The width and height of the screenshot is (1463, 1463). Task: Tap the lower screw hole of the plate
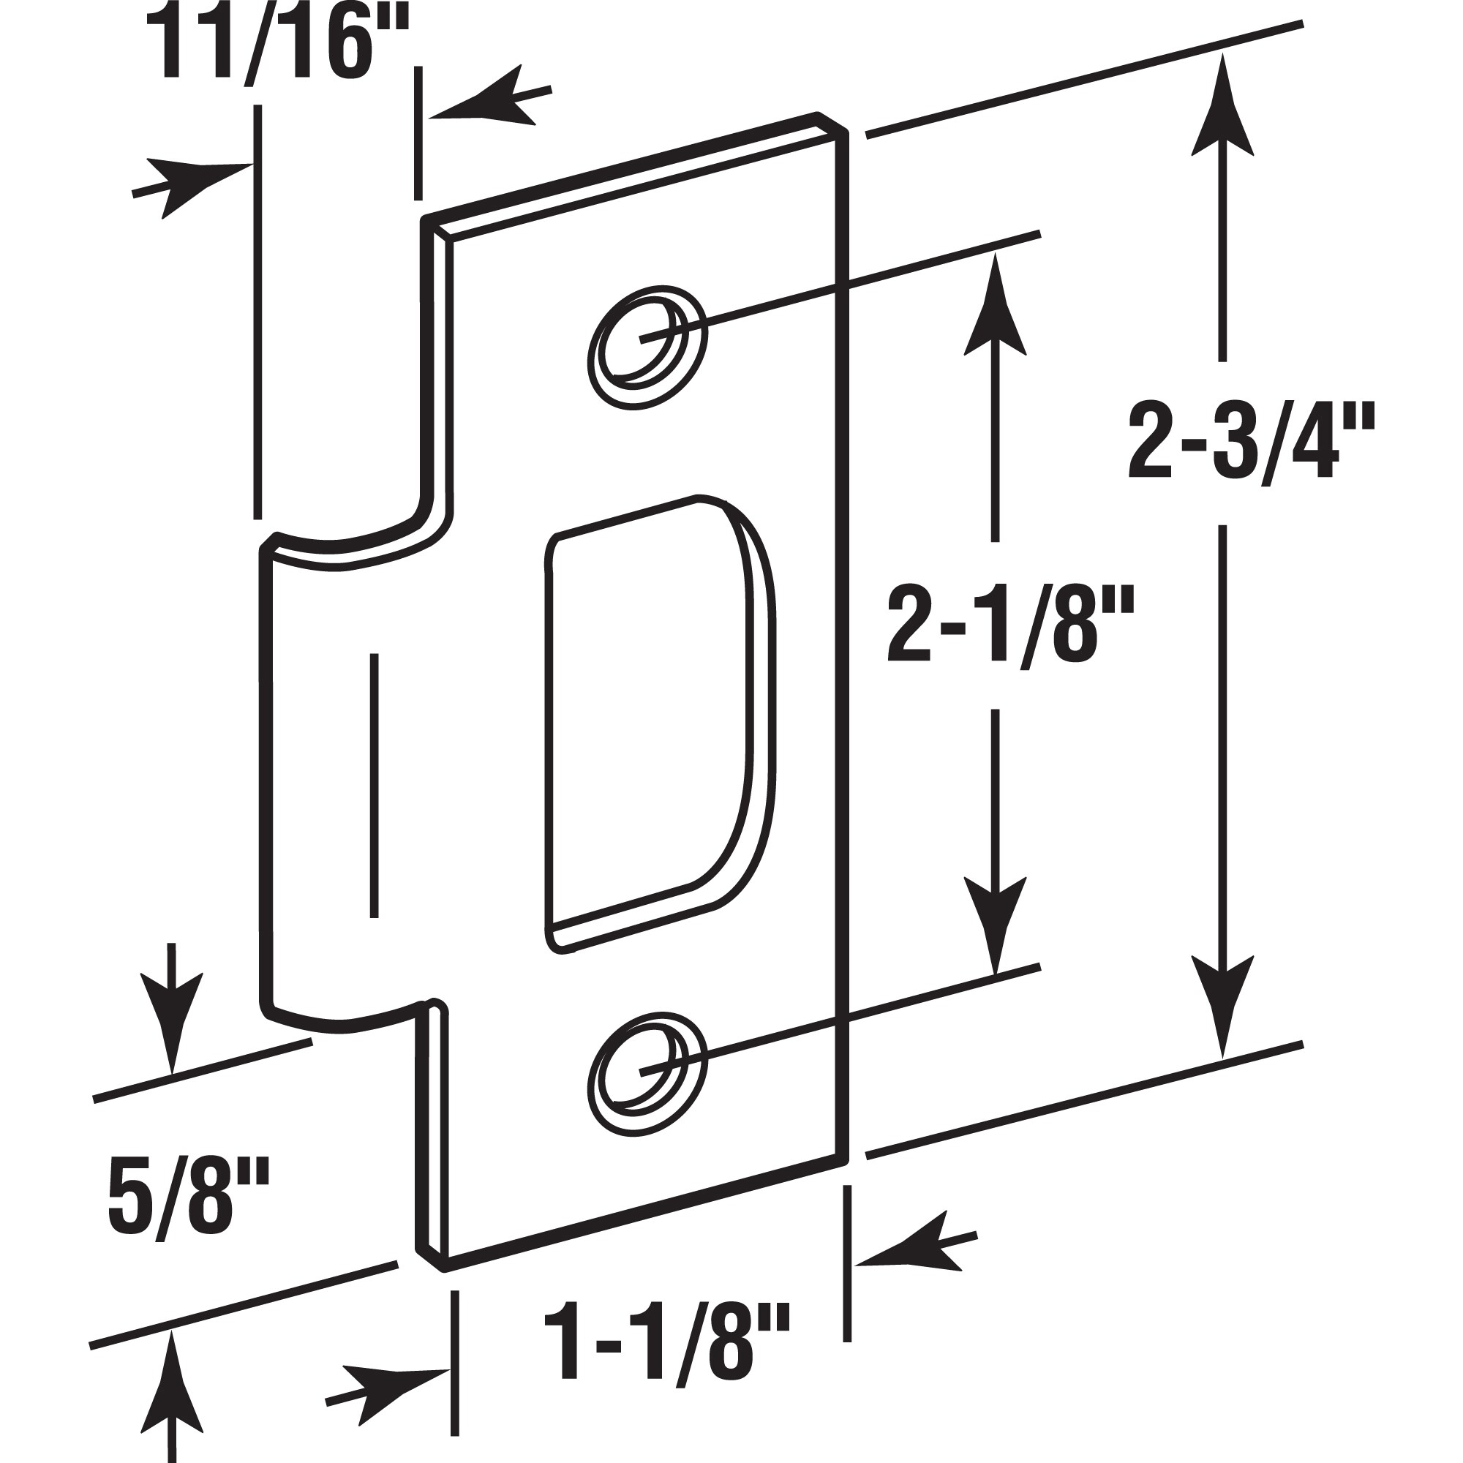point(647,1072)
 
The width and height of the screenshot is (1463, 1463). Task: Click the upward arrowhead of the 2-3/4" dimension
point(1222,106)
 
